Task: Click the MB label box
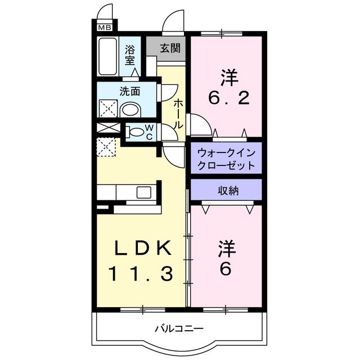coord(105,26)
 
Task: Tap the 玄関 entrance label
coord(169,48)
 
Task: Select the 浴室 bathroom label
coord(130,54)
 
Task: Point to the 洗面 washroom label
coord(129,91)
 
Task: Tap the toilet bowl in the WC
coord(134,133)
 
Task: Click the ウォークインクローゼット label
coord(226,159)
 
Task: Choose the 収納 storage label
coord(228,191)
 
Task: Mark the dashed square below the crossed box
coord(106,146)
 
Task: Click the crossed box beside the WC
coord(106,128)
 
